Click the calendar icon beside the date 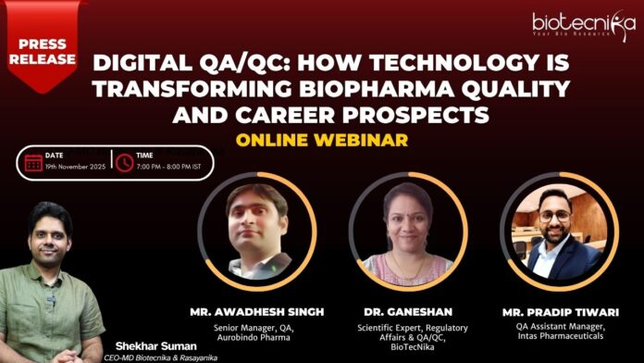click(33, 162)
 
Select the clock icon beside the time click(124, 162)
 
